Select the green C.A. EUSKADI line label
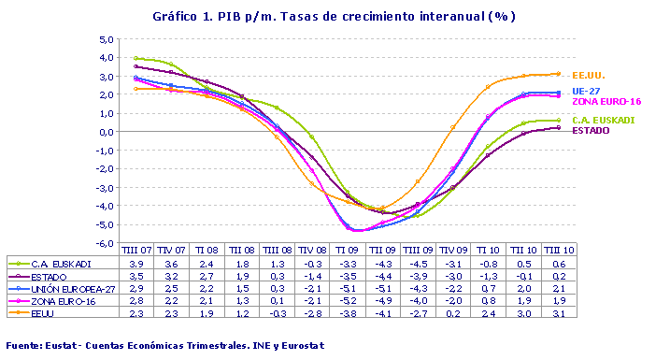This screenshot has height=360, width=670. tap(599, 121)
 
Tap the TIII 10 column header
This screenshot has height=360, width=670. tap(558, 252)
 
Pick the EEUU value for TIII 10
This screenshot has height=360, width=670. tap(558, 313)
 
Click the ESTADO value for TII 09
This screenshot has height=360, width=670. tap(381, 277)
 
